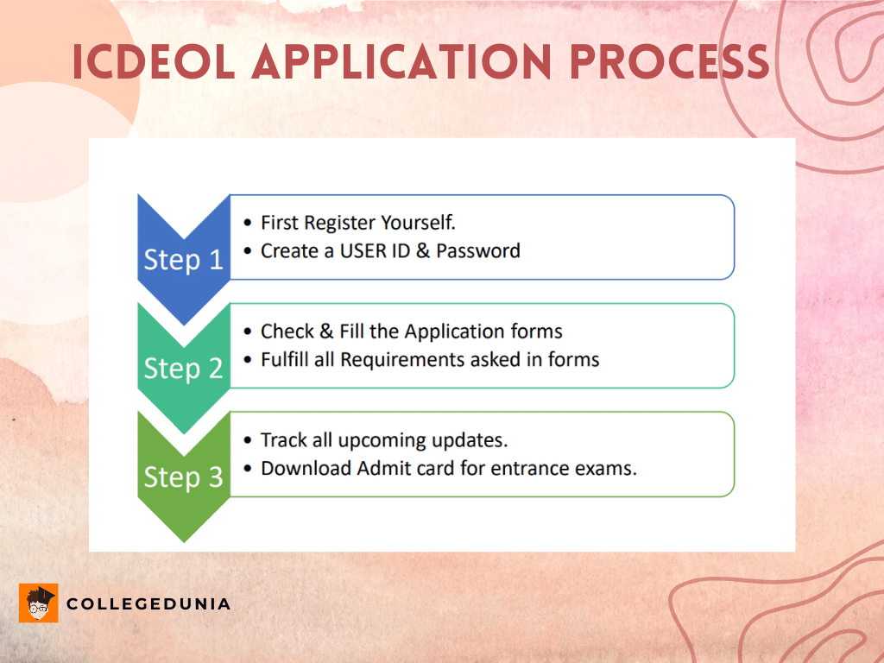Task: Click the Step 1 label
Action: point(183,259)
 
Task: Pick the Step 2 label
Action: point(183,368)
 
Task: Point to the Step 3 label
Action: point(183,477)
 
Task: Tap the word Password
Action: point(478,250)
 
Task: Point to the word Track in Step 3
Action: point(284,440)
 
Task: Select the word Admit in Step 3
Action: point(374,468)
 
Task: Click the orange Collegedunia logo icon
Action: point(38,603)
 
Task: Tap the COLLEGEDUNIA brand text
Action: point(148,603)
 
